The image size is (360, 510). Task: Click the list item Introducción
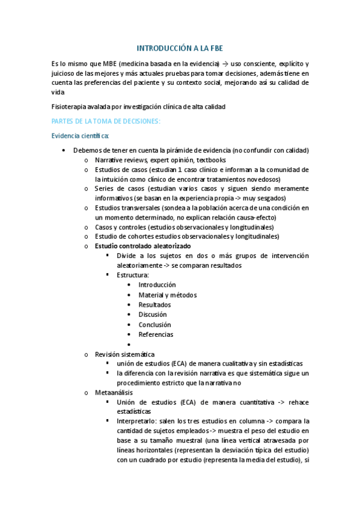coord(157,284)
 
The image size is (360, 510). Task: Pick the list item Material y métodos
coord(167,295)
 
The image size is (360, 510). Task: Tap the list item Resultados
coord(154,304)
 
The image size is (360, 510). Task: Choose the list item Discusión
coord(153,315)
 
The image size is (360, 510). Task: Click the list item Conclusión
coord(154,325)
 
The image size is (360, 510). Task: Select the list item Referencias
coord(156,334)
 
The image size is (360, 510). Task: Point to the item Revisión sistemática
coord(124,354)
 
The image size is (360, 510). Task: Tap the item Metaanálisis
coord(114,392)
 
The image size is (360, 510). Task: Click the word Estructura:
coord(133,275)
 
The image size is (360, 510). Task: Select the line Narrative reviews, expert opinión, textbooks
coord(160,160)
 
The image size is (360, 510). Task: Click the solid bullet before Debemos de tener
coord(64,150)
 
